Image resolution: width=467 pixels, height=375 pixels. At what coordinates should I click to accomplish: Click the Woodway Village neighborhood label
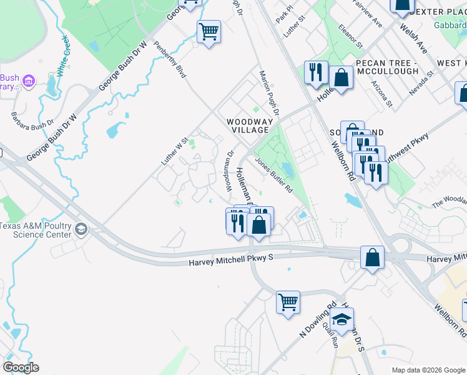pos(247,126)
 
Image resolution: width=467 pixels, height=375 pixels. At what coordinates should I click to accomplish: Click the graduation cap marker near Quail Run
pos(342,319)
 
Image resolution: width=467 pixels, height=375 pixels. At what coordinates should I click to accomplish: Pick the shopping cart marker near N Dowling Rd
pos(288,302)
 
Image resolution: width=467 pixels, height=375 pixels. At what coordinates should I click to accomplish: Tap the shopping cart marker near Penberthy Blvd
pos(209,31)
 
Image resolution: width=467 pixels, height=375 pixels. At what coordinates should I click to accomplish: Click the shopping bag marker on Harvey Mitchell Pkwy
pos(372,257)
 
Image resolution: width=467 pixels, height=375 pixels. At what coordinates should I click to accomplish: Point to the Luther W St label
pos(175,152)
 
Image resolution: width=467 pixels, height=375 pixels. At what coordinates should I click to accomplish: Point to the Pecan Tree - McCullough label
pos(386,67)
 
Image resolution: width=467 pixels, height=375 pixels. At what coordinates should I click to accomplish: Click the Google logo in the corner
pos(21,367)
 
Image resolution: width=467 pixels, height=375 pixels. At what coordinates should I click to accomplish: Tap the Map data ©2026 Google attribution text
pos(428,370)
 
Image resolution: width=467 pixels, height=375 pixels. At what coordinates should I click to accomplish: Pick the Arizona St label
pos(381,93)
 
